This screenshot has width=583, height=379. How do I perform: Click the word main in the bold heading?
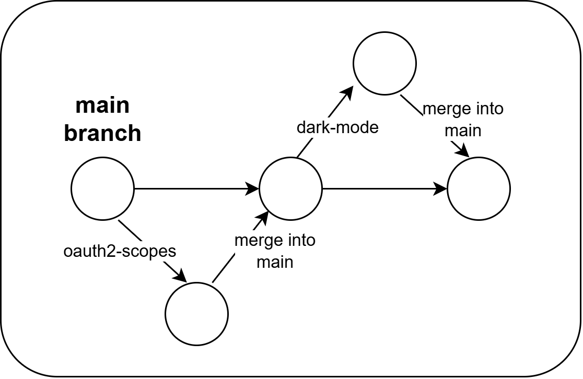102,106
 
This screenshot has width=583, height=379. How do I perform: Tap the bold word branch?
102,133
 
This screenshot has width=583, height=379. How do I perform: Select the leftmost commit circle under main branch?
102,188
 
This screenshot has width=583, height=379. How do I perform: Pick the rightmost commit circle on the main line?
479,188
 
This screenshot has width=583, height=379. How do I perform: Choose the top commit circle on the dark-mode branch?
384,63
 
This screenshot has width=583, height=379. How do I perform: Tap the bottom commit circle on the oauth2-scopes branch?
196,313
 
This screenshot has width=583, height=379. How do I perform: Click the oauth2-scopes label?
120,251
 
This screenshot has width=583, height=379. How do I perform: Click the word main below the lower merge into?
275,261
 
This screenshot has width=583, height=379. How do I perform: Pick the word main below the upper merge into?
463,130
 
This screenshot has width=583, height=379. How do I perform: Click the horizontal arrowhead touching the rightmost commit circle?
442,188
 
